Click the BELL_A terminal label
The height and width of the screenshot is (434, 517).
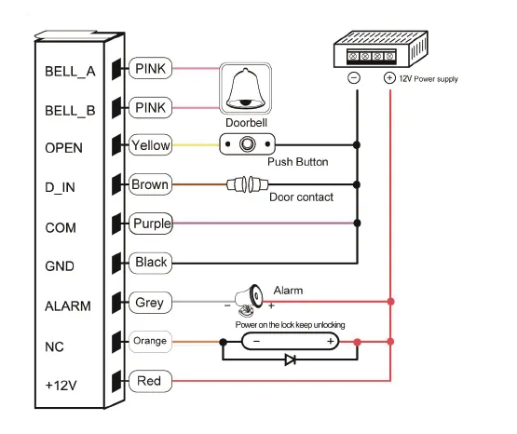[70, 72]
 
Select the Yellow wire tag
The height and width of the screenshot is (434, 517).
[150, 144]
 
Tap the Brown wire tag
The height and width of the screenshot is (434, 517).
[150, 184]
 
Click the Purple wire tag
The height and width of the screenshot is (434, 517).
[151, 224]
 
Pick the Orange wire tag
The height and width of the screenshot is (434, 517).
[150, 342]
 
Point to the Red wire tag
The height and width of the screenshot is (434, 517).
[150, 381]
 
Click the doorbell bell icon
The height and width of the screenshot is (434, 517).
[246, 88]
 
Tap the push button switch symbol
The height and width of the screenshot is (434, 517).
[247, 144]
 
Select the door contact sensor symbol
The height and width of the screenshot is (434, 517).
[247, 184]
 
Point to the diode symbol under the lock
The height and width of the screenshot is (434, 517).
[290, 359]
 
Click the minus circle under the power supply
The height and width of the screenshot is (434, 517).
[354, 78]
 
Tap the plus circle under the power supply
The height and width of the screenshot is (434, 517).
[389, 78]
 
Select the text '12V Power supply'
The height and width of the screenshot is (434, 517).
[429, 79]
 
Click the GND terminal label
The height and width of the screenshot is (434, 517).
[60, 266]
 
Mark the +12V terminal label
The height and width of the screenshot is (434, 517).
[61, 386]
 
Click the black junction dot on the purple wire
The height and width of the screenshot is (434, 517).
[357, 224]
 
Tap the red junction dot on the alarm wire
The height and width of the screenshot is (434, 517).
[390, 301]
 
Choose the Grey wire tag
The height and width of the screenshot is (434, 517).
[150, 302]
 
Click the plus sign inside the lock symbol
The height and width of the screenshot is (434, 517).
[331, 341]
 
